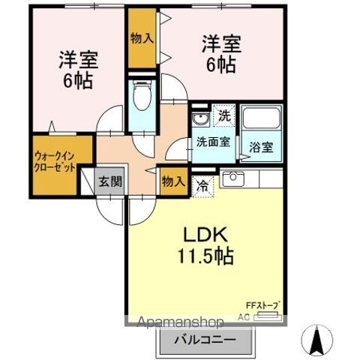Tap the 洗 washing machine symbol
click(223, 116)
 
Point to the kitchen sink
click(232, 178)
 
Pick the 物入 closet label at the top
click(142, 37)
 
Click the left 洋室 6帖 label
click(78, 69)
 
